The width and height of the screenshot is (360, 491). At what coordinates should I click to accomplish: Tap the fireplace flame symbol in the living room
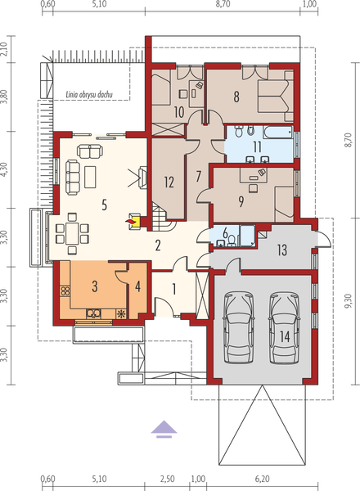coord(130,219)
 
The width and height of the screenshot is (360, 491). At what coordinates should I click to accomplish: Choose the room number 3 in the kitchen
coord(95,286)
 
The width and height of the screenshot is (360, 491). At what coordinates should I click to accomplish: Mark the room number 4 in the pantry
coord(138,286)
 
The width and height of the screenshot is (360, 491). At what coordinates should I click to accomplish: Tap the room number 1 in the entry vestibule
coord(174,288)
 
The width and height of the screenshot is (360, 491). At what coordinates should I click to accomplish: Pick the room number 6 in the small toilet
coord(226,232)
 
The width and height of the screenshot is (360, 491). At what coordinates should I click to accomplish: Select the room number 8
coord(236,97)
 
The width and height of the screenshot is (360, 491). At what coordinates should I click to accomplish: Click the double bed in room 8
coord(271,93)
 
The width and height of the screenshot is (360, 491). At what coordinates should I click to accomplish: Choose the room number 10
coord(179,110)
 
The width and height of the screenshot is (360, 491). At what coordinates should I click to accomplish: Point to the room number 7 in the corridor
coord(199,175)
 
